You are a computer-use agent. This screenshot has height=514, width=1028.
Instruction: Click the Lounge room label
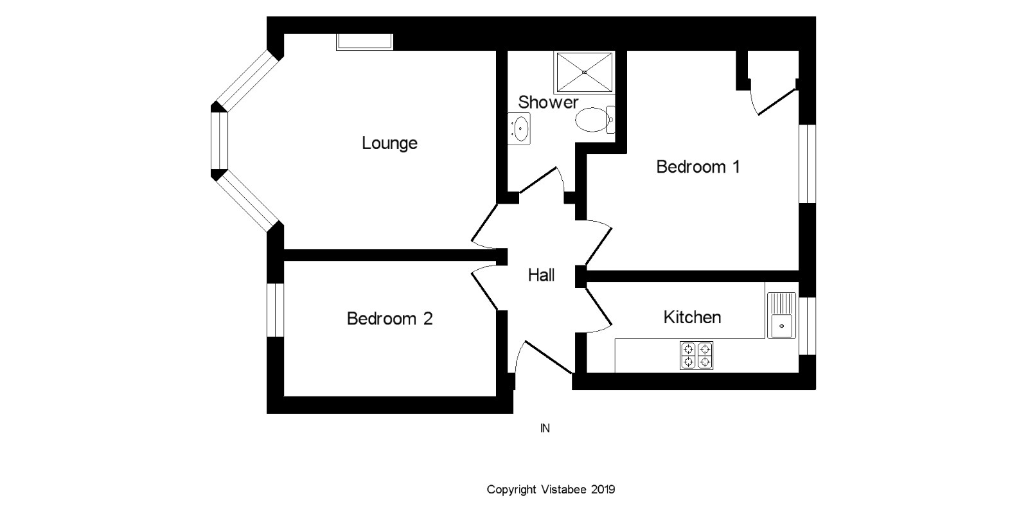tap(389, 143)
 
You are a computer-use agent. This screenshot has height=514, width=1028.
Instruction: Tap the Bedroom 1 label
tap(698, 166)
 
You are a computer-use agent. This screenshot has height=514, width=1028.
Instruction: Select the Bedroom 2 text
tap(389, 319)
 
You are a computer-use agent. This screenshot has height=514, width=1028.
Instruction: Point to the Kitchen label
tap(692, 317)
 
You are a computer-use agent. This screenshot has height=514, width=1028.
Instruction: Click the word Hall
tap(541, 276)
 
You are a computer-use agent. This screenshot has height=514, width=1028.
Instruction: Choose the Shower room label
tap(548, 102)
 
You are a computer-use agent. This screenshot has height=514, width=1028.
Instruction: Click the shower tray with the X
tap(584, 73)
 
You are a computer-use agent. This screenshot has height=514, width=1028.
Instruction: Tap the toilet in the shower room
tap(595, 120)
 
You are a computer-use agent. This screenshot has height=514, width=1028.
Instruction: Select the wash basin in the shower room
tap(519, 129)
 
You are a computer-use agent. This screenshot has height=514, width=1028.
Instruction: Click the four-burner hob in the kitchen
tap(696, 356)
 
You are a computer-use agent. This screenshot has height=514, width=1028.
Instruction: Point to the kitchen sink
tap(781, 315)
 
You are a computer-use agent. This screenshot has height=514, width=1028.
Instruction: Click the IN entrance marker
tap(545, 428)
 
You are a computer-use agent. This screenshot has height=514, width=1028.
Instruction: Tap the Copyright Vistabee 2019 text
tap(551, 490)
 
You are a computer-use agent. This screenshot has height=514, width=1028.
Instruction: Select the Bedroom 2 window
tap(276, 310)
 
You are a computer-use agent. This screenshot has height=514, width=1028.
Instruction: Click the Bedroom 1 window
tap(807, 163)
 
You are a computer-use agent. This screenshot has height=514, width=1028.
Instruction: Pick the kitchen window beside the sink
tap(807, 326)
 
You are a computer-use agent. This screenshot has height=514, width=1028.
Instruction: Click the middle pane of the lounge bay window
tap(220, 141)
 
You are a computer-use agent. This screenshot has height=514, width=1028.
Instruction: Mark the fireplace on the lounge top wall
tap(365, 42)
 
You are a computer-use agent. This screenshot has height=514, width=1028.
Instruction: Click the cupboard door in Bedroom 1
tap(776, 102)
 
